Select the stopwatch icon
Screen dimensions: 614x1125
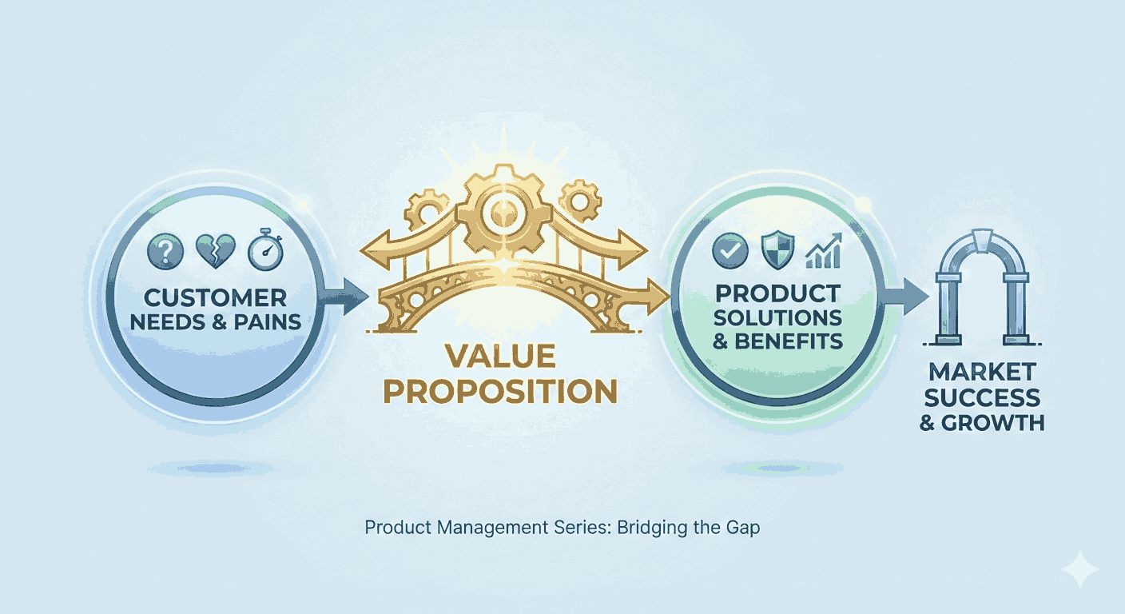[x=264, y=251]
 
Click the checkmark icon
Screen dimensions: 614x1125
[x=729, y=251]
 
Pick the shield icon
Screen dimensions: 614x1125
[x=777, y=252]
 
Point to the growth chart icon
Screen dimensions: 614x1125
[x=824, y=251]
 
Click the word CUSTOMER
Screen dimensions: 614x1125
[x=215, y=299]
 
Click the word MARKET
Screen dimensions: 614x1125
[x=982, y=372]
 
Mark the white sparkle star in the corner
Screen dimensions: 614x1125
[x=1079, y=570]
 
